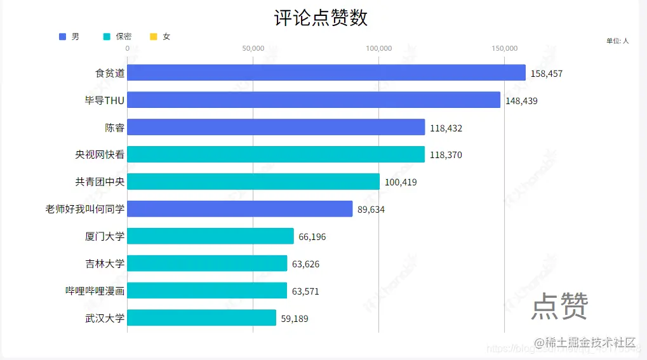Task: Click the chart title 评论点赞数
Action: [x=321, y=18]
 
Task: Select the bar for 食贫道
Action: [x=326, y=73]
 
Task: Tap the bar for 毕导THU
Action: [x=314, y=100]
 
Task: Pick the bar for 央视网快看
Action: [x=276, y=154]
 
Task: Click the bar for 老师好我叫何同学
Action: [x=239, y=209]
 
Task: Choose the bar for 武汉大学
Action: [x=201, y=318]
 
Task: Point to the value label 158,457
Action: [x=546, y=74]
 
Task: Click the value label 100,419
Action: [x=401, y=183]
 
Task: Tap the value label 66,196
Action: [x=312, y=237]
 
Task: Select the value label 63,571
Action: [x=305, y=291]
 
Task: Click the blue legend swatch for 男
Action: [x=62, y=37]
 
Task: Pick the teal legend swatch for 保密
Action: [x=107, y=37]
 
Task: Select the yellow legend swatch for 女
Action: [x=153, y=37]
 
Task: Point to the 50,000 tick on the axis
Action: [x=253, y=48]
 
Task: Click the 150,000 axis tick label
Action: [x=505, y=48]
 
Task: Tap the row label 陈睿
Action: [x=114, y=128]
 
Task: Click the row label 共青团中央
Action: [x=100, y=182]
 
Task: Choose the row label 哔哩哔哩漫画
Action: [x=95, y=291]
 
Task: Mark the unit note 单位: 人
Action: [x=617, y=41]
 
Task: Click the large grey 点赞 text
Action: [x=559, y=306]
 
